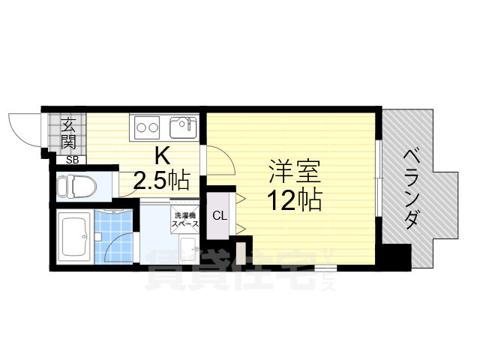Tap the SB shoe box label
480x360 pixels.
[72, 159]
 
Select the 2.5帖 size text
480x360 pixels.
[160, 181]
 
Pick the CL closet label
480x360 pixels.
[219, 217]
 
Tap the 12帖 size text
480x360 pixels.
[295, 199]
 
